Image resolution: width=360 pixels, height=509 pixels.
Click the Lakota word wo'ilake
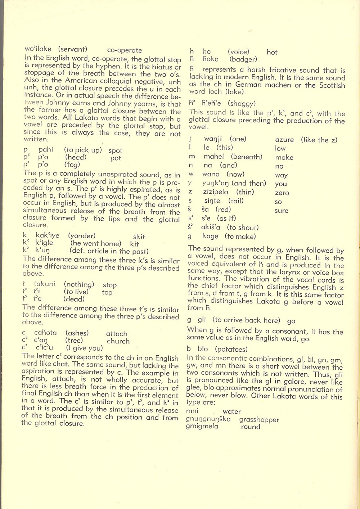click(x=38, y=49)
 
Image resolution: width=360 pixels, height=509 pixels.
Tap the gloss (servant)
click(x=73, y=49)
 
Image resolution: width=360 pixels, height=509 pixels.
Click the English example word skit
click(x=139, y=237)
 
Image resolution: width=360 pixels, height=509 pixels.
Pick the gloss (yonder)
click(x=82, y=236)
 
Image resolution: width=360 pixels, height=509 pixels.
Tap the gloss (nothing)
click(x=79, y=285)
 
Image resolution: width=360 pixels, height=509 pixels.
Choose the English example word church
click(x=118, y=341)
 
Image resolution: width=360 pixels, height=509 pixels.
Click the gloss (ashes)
click(x=77, y=333)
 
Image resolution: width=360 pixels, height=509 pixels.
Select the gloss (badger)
click(x=243, y=59)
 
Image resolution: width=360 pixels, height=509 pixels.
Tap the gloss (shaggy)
click(x=242, y=104)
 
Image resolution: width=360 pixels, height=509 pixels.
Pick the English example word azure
click(x=284, y=140)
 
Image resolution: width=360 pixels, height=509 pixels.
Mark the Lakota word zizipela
click(x=216, y=192)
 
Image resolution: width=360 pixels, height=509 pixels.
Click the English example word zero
click(x=282, y=193)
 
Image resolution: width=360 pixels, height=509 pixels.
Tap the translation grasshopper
click(x=259, y=420)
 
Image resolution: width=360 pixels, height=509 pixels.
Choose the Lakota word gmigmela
click(x=202, y=427)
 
